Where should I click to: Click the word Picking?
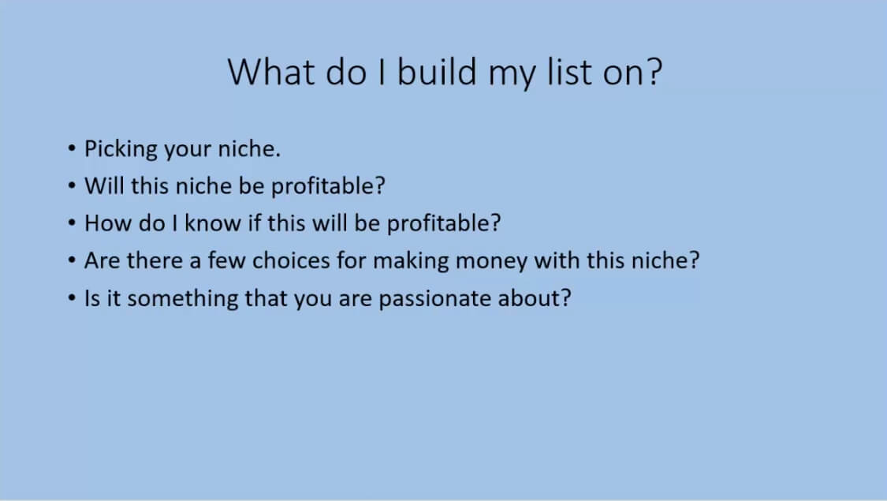click(121, 149)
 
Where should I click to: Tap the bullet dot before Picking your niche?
click(71, 148)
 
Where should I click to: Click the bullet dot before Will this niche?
click(71, 185)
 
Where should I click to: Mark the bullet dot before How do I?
click(71, 223)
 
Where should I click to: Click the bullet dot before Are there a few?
click(71, 260)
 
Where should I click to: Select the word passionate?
click(434, 299)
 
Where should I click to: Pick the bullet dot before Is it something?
click(71, 297)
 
